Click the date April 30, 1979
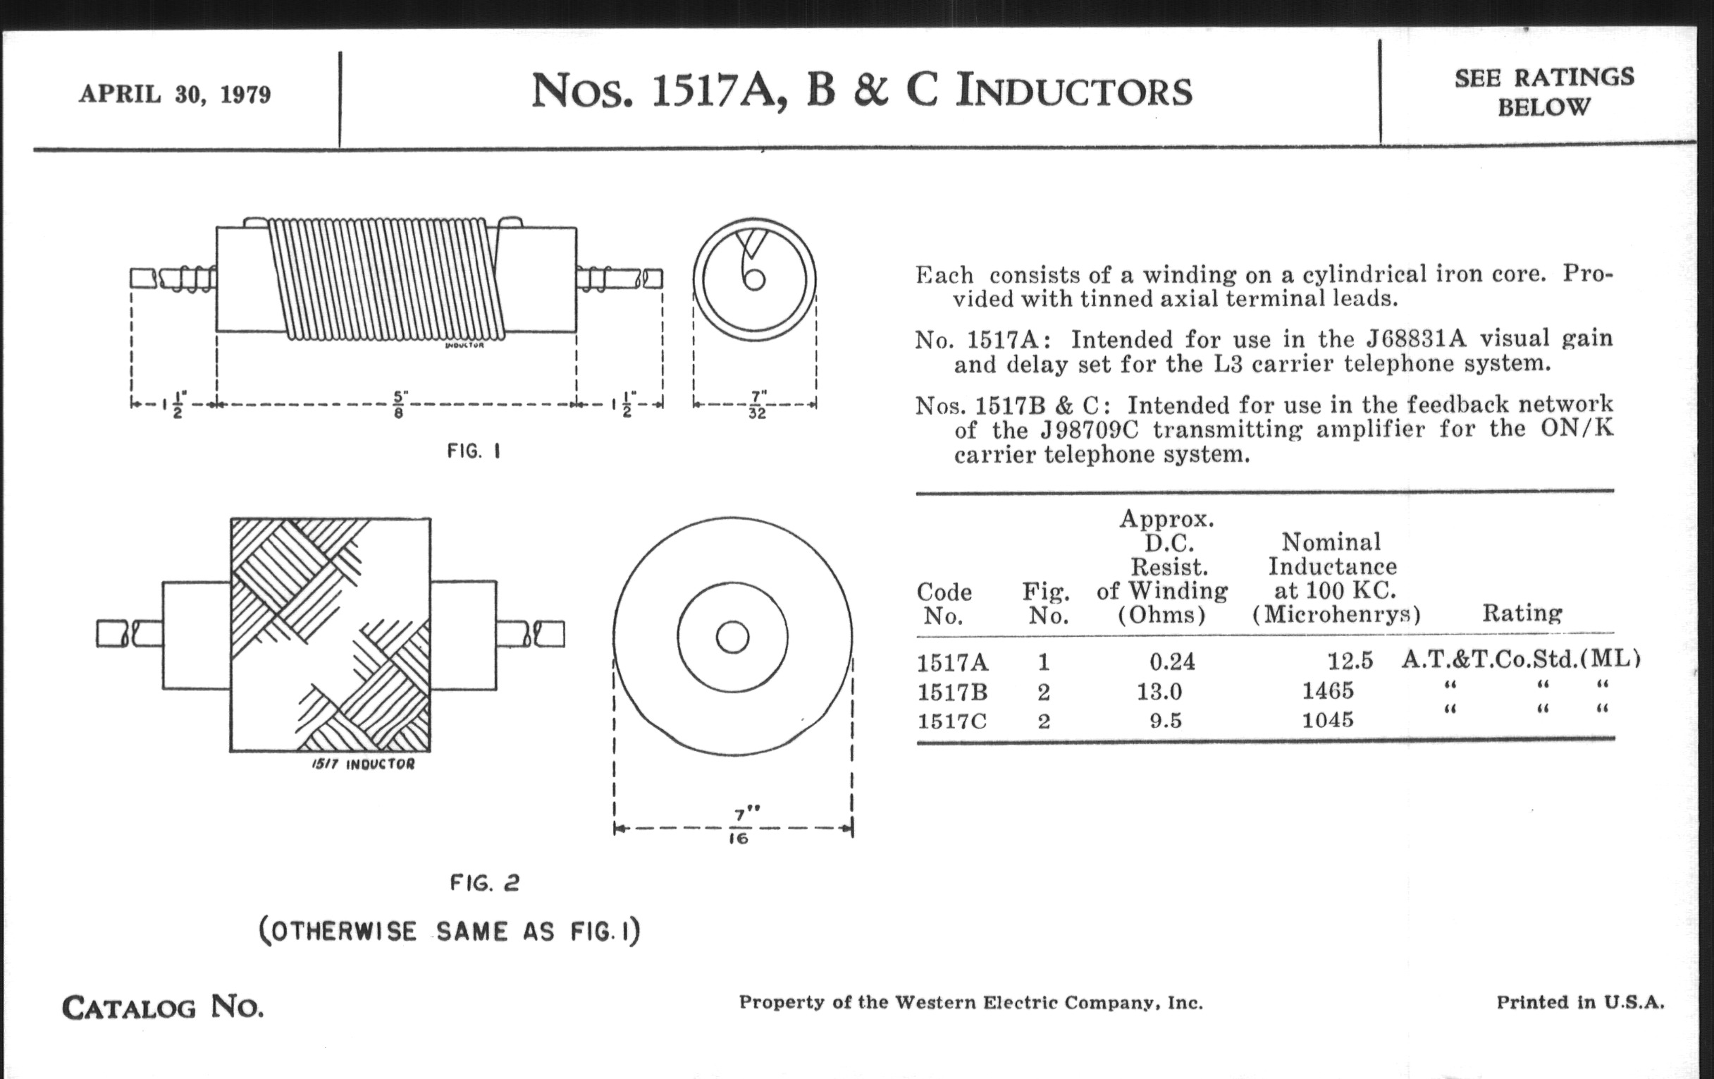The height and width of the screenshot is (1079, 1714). [174, 94]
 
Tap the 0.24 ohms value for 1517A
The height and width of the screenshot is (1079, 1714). [1172, 662]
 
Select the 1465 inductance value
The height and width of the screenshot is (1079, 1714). [1328, 691]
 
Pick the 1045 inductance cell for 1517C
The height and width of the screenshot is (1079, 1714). [1328, 720]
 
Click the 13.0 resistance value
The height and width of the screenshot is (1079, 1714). [1159, 692]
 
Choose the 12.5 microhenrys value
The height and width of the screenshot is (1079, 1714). [1350, 662]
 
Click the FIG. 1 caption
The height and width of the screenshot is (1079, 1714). [474, 451]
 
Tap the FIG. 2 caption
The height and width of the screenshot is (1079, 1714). [485, 883]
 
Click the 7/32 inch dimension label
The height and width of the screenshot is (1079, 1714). [757, 404]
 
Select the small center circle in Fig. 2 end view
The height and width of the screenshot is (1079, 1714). [732, 637]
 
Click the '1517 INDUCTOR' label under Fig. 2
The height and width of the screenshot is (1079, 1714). [363, 764]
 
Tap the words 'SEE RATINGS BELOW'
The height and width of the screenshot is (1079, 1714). [1544, 92]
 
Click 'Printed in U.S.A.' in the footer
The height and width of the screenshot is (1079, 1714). [1580, 1002]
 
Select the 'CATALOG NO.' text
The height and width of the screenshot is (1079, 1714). [163, 1007]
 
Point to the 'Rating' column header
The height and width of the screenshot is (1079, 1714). [1522, 613]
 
